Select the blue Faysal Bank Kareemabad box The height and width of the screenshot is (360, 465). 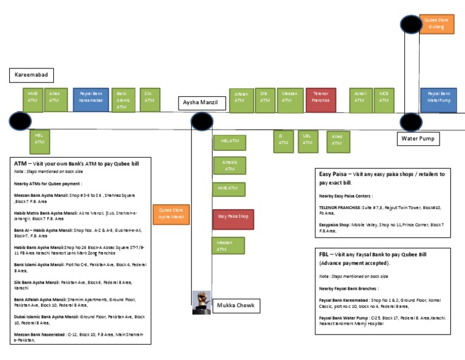click(x=91, y=100)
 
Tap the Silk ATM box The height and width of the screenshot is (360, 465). click(x=149, y=100)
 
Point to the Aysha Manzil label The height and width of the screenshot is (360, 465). click(x=202, y=104)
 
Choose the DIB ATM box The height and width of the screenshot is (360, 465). click(x=264, y=101)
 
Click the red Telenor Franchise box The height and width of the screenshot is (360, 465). click(x=321, y=101)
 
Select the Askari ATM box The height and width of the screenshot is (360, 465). click(x=360, y=101)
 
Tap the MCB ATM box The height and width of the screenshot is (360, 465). click(x=384, y=101)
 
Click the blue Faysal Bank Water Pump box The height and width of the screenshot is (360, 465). click(x=439, y=100)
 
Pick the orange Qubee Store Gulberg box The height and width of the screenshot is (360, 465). click(x=437, y=24)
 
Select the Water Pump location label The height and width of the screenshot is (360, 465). click(x=418, y=139)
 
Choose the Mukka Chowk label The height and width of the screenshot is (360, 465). click(x=236, y=305)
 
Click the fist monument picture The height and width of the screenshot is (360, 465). click(x=202, y=302)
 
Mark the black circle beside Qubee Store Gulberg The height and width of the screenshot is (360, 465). click(x=411, y=25)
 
